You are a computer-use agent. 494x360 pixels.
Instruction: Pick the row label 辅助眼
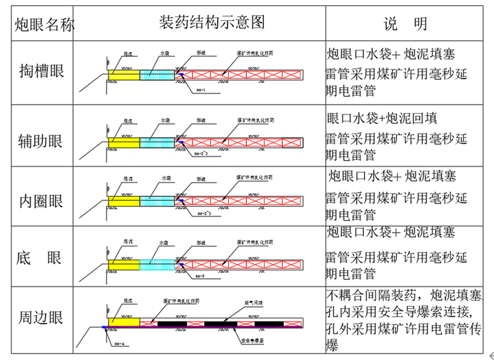pyautogui.click(x=42, y=138)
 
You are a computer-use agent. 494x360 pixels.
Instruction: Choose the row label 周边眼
pyautogui.click(x=42, y=318)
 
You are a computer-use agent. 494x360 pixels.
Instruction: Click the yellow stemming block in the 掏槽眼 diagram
pyautogui.click(x=123, y=76)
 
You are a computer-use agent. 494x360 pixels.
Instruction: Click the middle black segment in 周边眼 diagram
pyautogui.click(x=220, y=323)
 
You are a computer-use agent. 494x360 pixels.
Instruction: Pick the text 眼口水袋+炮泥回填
pyautogui.click(x=382, y=118)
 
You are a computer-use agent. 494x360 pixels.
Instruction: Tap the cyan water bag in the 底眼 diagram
pyautogui.click(x=157, y=264)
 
